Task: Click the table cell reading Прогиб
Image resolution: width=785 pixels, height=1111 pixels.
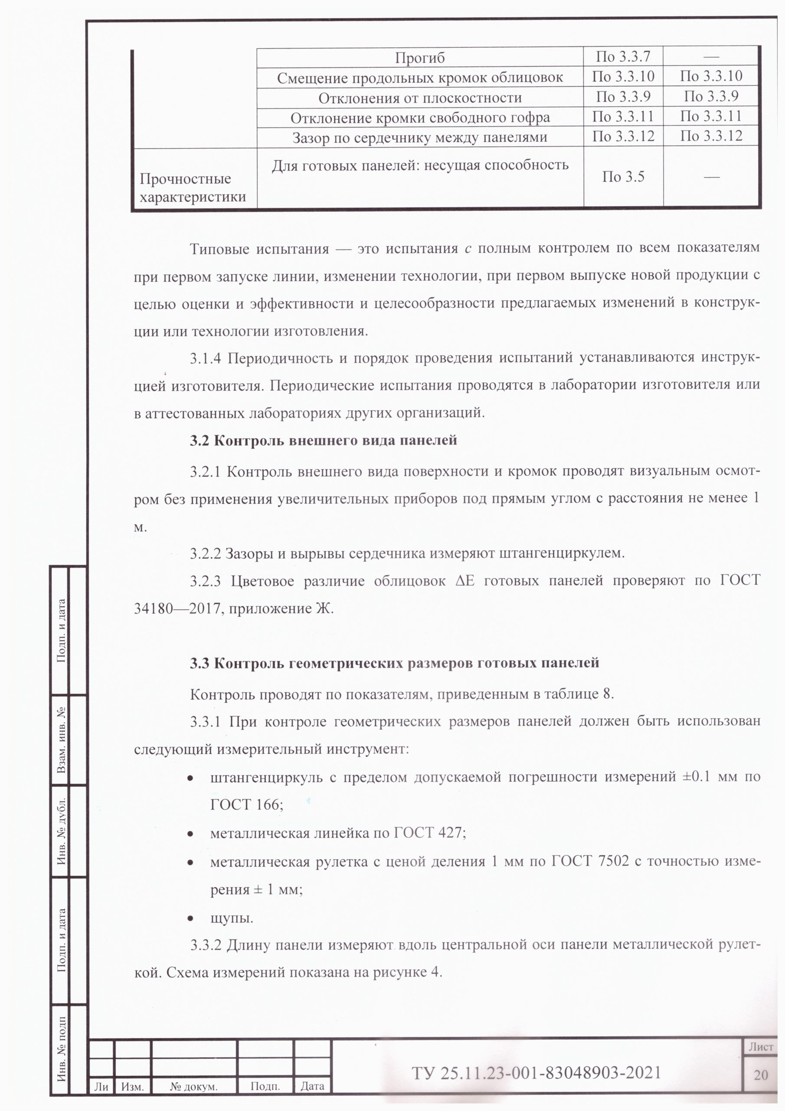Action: (419, 58)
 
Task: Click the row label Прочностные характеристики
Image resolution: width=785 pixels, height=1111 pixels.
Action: (193, 188)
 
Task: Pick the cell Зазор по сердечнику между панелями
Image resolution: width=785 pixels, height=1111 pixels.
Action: (419, 138)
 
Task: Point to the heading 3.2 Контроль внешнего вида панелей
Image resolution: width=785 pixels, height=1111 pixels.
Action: (323, 441)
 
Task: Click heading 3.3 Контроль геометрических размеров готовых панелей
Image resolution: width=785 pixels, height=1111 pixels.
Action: (394, 662)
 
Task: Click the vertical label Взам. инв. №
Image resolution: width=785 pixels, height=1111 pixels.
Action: (62, 740)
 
